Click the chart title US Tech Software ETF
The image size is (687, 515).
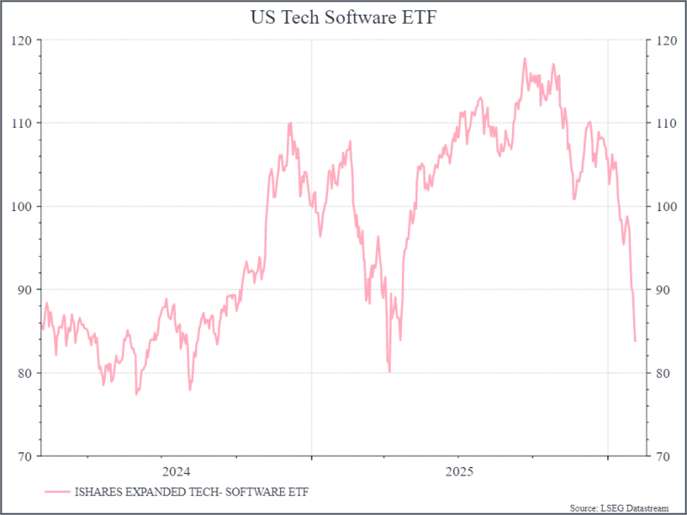(343, 16)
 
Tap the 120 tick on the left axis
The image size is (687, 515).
(22, 40)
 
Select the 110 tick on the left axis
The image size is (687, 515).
(22, 123)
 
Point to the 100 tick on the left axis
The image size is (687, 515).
(22, 206)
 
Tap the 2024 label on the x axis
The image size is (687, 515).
(176, 471)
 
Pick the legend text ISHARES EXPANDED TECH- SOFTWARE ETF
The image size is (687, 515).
(192, 492)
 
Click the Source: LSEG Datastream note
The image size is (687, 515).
(623, 507)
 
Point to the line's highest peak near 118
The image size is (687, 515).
(525, 58)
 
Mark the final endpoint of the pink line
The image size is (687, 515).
(635, 341)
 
